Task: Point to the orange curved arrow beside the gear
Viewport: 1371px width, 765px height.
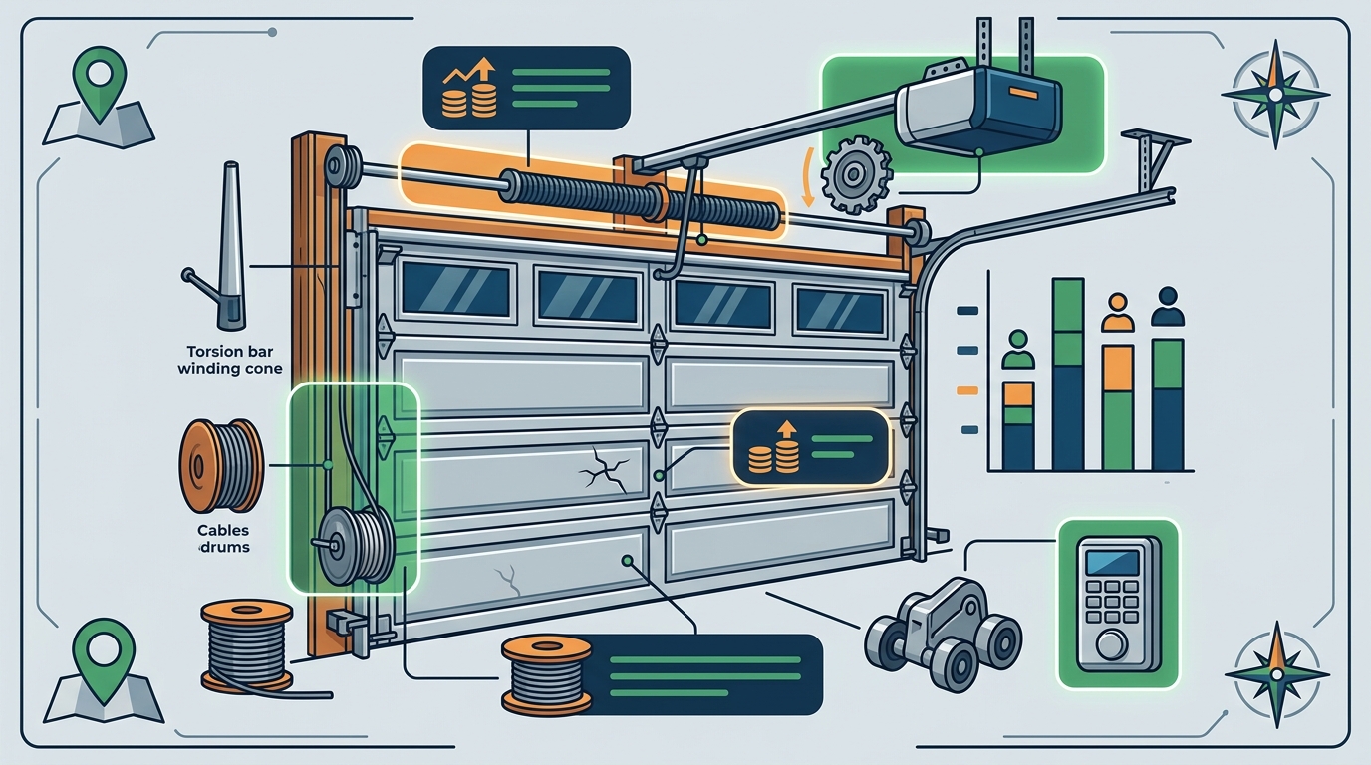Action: point(808,176)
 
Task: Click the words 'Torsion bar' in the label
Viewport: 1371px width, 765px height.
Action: point(230,352)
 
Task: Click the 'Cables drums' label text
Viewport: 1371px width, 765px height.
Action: point(223,539)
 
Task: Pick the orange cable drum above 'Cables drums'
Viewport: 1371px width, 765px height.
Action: point(221,465)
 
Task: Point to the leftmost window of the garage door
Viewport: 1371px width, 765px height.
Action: point(456,290)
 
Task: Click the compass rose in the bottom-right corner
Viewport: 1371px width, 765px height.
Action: point(1276,674)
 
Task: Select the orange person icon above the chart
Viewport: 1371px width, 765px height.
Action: point(1118,313)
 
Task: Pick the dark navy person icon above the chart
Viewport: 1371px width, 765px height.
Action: point(1168,306)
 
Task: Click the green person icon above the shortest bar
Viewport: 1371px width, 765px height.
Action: point(1018,349)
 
